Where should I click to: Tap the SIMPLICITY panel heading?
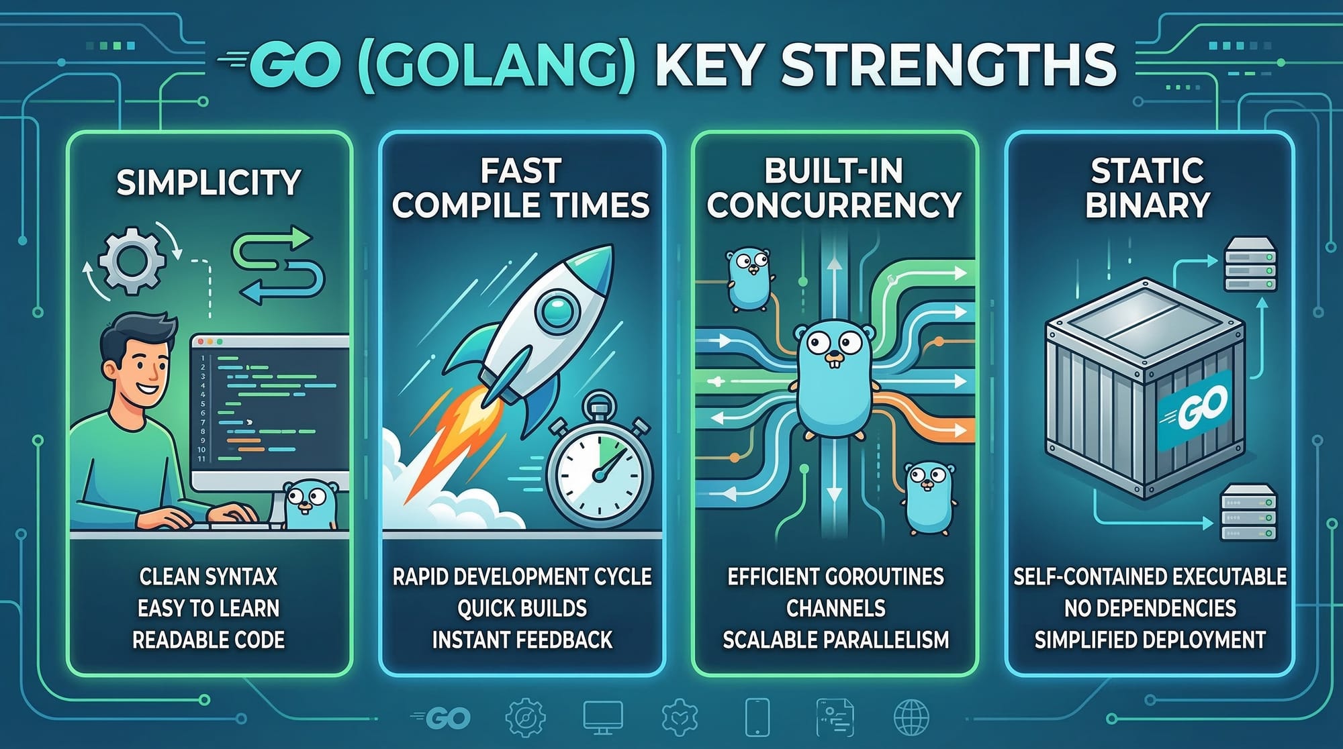point(209,183)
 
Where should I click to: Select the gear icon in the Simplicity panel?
point(132,260)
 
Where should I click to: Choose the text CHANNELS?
point(835,608)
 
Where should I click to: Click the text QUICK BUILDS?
point(522,608)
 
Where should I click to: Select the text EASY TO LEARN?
point(209,608)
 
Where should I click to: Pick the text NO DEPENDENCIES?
point(1150,608)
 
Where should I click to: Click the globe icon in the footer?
point(911,717)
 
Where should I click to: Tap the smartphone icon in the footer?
point(757,717)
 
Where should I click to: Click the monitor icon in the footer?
point(602,717)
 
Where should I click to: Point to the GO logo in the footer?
point(441,718)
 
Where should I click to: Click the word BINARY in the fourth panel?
point(1148,205)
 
